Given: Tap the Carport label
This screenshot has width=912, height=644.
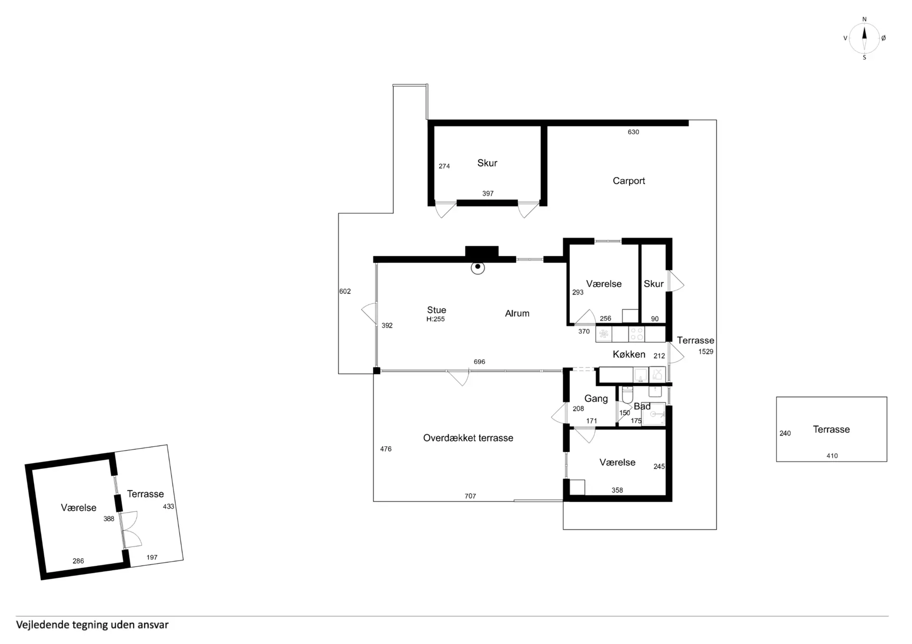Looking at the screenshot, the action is point(628,181).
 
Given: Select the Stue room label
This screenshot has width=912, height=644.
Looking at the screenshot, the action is point(437,310).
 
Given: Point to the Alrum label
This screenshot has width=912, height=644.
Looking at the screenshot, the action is point(517,313).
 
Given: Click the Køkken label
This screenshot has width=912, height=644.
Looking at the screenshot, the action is point(629,355).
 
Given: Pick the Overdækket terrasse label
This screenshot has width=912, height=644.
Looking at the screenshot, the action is point(468,438).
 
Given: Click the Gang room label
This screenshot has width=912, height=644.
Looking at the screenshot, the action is point(596,399).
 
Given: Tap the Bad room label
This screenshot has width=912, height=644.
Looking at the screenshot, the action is point(642,406).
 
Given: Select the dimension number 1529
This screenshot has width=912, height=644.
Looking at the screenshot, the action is point(706,352).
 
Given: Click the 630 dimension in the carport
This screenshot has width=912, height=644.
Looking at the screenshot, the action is point(633,132).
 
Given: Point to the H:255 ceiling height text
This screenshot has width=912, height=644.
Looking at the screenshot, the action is point(436,319).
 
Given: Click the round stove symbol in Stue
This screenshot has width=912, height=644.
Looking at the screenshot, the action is point(477,268).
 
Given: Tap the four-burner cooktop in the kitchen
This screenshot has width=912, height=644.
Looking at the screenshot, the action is point(636,334).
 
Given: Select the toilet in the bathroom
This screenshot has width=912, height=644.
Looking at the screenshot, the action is point(627,394).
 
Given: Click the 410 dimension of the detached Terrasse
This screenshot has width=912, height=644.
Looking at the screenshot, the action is point(832,456).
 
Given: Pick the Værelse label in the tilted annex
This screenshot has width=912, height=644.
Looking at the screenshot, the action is point(78,508).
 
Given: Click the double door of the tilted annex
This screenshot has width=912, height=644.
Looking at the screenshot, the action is point(129,529).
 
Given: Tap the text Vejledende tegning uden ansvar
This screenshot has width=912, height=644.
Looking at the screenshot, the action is point(92,625).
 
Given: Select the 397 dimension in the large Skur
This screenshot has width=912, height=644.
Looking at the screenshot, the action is point(488,194).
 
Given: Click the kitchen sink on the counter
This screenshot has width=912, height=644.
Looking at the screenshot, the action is point(640,374).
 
